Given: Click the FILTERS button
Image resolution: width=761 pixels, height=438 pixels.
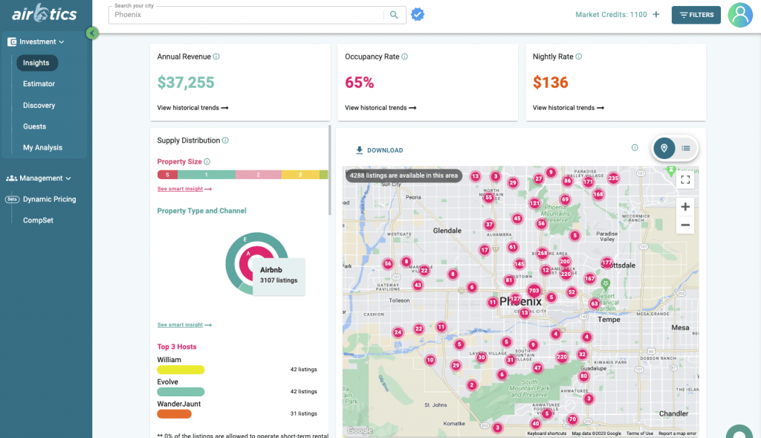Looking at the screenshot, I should [696, 15].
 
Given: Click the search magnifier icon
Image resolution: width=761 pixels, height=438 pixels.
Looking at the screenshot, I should [394, 15].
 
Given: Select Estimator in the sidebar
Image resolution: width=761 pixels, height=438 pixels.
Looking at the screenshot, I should [39, 84].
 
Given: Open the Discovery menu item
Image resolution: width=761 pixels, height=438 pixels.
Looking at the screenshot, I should [39, 106].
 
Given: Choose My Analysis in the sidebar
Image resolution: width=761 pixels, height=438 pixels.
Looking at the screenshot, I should [42, 148].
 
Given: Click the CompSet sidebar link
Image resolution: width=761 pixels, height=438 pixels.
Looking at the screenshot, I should [38, 221].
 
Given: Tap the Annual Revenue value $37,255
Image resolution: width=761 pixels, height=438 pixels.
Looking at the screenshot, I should [186, 83].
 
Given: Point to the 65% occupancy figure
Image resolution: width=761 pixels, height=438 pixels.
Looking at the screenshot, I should [359, 83].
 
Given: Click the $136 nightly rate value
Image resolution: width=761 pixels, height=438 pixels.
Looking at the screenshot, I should [550, 83].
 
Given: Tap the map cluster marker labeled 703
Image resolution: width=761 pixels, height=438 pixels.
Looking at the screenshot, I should [534, 291].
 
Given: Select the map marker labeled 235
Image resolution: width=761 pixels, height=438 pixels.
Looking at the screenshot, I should [613, 178].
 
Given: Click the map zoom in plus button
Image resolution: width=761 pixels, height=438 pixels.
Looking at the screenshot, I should [685, 207].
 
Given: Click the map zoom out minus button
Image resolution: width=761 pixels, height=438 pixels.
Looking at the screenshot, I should [685, 225].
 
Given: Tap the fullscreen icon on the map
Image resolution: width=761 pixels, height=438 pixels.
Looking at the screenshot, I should [685, 179].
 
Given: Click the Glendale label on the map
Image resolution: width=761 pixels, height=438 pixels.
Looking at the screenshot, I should [447, 231].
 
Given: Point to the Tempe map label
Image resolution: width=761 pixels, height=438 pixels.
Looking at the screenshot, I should [609, 320].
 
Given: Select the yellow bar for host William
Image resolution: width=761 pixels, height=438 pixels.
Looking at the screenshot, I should [181, 370].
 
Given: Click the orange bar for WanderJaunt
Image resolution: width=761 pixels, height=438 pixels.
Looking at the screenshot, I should [175, 413].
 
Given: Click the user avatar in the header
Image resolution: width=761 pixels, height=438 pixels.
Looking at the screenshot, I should [740, 15].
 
